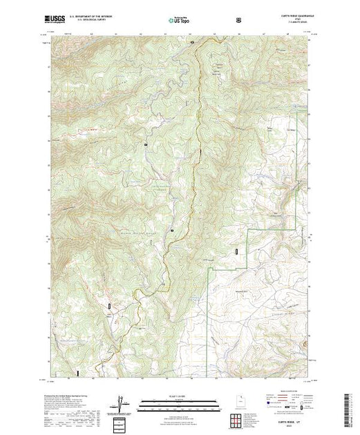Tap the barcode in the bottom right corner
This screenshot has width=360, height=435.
pos(348,407)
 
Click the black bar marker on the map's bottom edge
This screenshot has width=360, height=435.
pos(78,373)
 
